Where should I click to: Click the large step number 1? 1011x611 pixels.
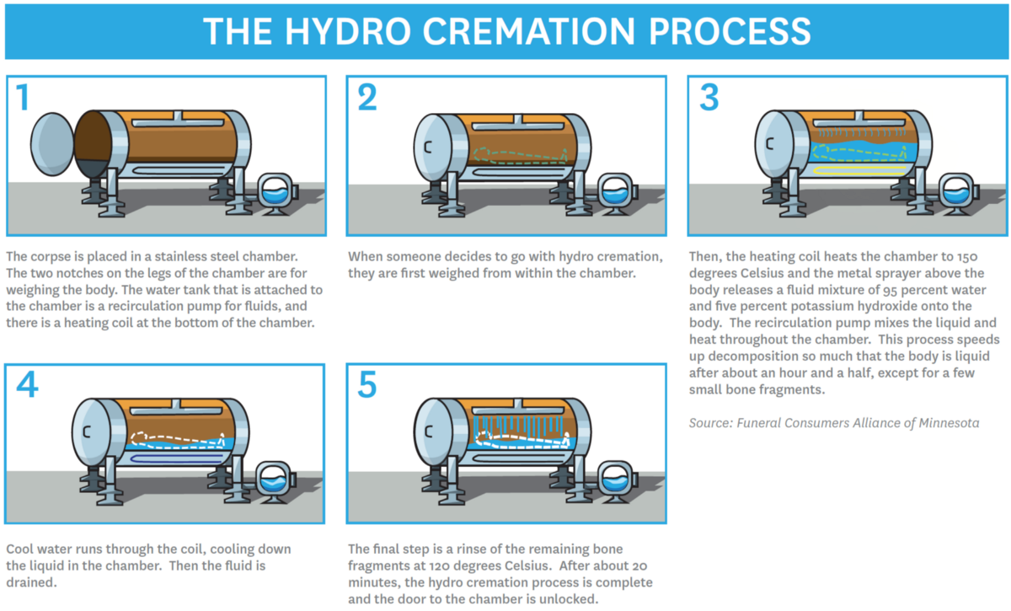[x=23, y=99]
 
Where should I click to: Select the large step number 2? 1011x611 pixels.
[x=367, y=99]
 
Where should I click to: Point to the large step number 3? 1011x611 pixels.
[x=709, y=99]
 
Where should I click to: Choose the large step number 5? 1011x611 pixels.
[x=367, y=386]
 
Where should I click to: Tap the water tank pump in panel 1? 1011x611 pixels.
[x=275, y=191]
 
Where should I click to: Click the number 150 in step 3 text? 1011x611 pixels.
[x=982, y=256]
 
